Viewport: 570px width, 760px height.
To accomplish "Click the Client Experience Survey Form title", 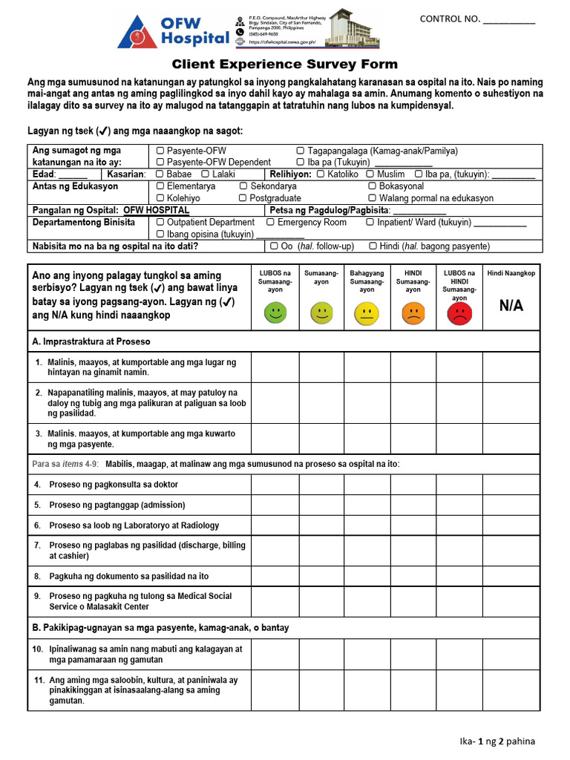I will pyautogui.click(x=285, y=65).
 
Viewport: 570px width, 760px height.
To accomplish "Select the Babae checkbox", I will pyautogui.click(x=160, y=174).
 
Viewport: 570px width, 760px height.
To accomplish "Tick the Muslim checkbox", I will pyautogui.click(x=370, y=174).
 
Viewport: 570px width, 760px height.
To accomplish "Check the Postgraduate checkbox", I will pyautogui.click(x=243, y=198).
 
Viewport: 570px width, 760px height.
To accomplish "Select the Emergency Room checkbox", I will pyautogui.click(x=270, y=222).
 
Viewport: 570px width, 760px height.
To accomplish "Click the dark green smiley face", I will pyautogui.click(x=275, y=313).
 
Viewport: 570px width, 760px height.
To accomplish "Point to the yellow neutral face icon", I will pyautogui.click(x=367, y=313).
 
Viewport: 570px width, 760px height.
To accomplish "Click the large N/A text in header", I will pyautogui.click(x=511, y=306).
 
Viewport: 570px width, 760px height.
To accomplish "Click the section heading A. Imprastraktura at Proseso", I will pyautogui.click(x=91, y=341).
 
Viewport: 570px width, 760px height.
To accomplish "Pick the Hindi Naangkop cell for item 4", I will pyautogui.click(x=511, y=485).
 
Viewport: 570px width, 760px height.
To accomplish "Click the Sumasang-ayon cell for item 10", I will pyautogui.click(x=321, y=654).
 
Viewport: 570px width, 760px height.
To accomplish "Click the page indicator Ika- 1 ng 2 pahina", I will pyautogui.click(x=497, y=741).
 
